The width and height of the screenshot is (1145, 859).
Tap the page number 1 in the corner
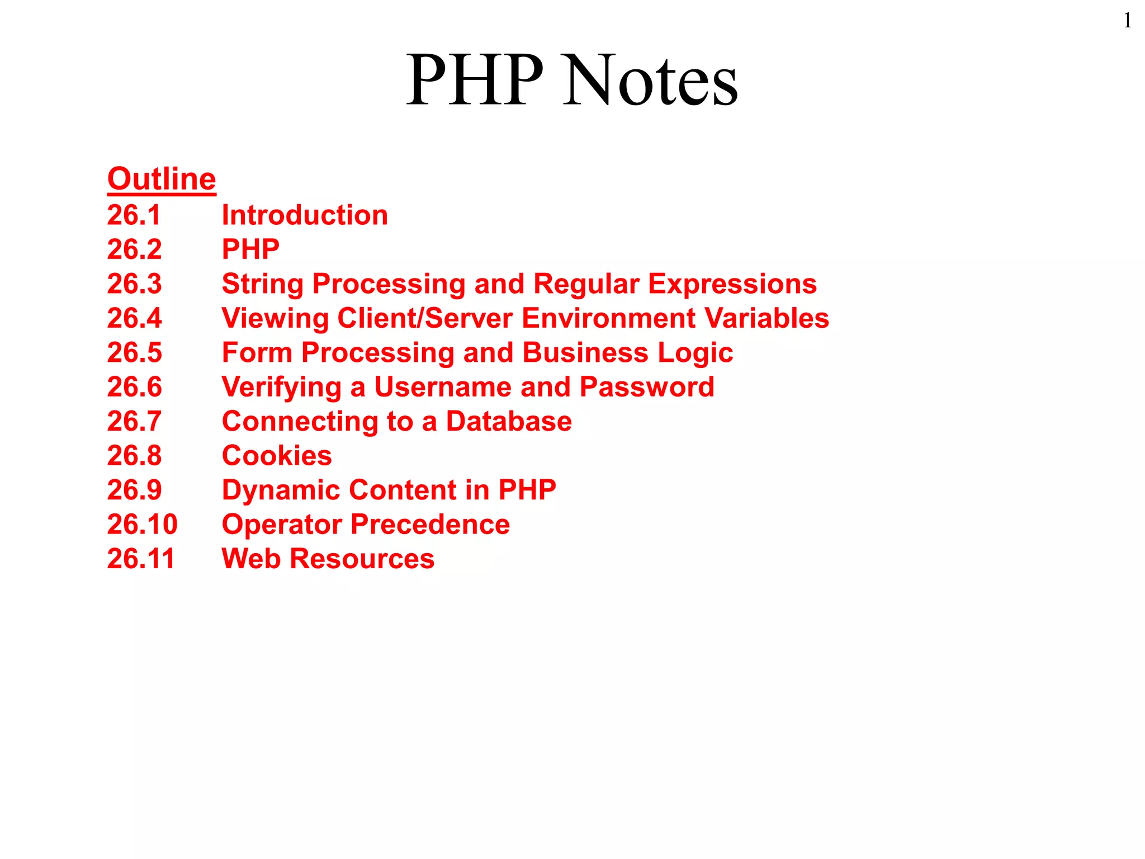point(1127,21)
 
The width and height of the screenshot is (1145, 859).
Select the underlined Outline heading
point(162,179)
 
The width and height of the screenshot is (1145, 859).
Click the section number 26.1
point(134,215)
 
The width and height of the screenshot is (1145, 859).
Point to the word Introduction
point(305,215)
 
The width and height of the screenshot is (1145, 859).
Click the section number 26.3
point(134,284)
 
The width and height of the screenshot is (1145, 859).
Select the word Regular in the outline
point(586,284)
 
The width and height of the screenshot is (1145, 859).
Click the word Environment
point(608,318)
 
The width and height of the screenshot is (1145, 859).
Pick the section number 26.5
point(134,353)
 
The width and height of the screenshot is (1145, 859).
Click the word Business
point(585,353)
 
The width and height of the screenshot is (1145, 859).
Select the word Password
point(647,387)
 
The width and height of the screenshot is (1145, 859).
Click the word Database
point(509,422)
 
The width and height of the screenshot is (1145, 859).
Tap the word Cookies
point(277,456)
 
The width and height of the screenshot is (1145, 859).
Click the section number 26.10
point(142,525)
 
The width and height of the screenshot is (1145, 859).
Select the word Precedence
point(430,525)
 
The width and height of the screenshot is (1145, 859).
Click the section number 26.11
point(141,559)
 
